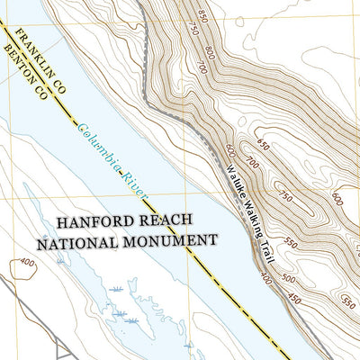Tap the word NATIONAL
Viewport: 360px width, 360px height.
pos(74,241)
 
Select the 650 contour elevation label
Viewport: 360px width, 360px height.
pos(262,144)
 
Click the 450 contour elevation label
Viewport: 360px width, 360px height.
pos(293,300)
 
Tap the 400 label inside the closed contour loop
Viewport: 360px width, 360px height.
pos(26,264)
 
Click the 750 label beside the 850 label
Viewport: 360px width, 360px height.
pos(191,29)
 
